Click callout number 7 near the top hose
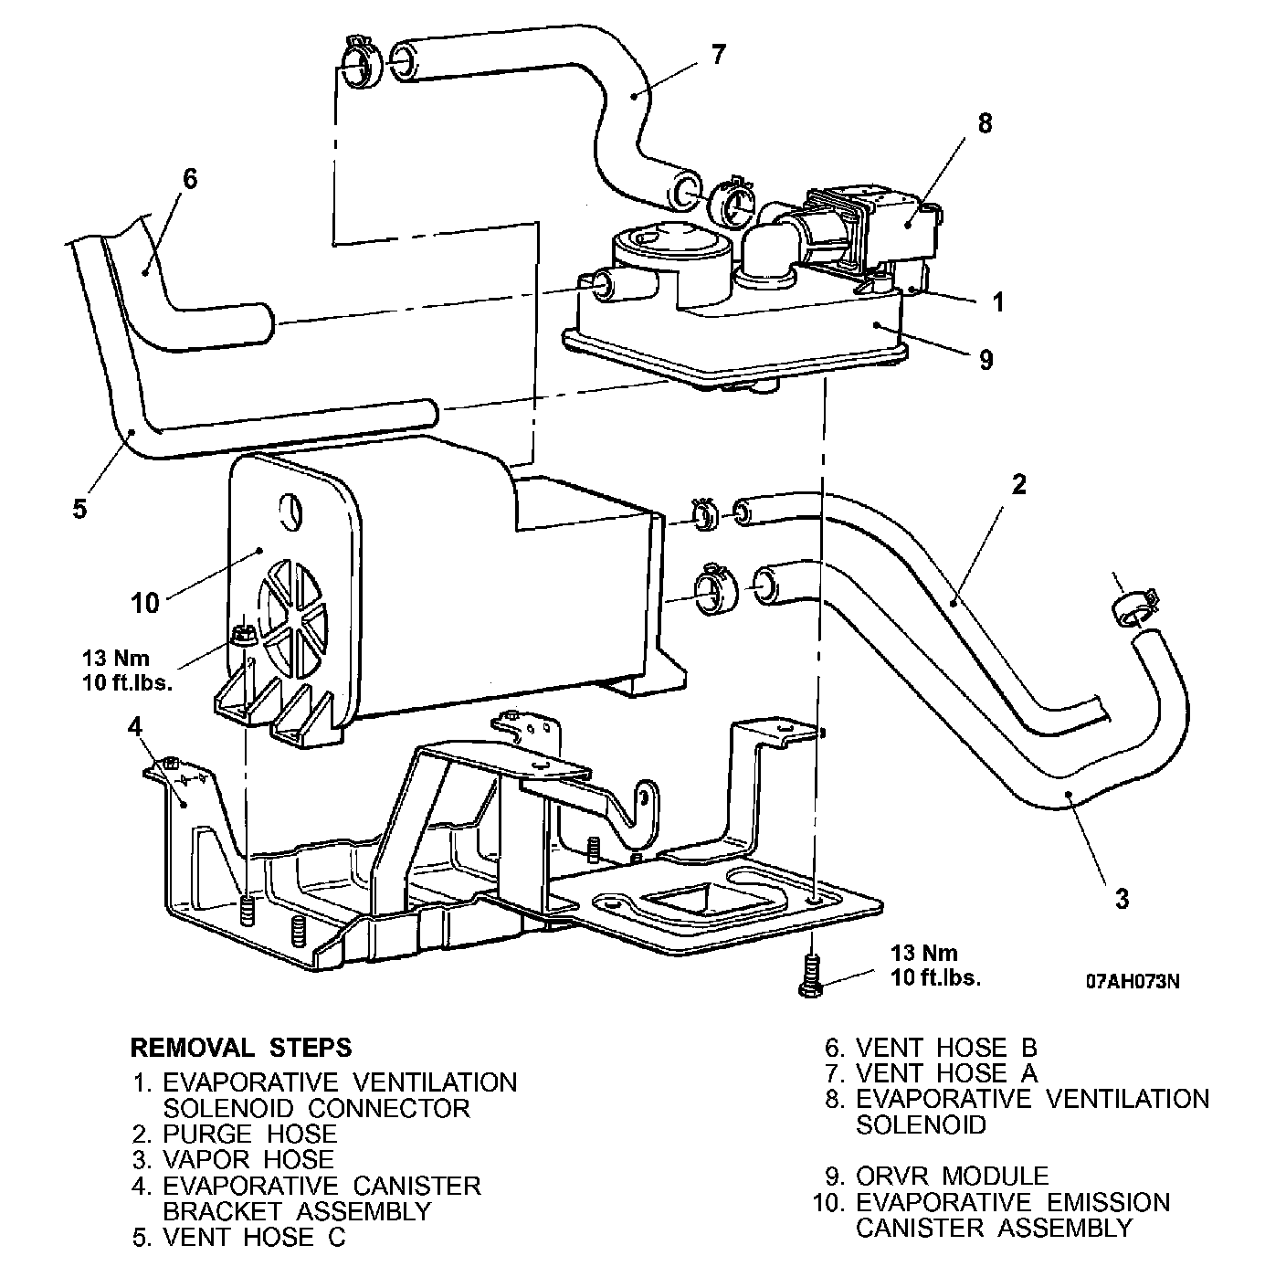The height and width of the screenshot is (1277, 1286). pos(718,55)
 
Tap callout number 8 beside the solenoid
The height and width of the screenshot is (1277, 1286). pos(984,123)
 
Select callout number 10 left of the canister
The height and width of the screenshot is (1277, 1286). pos(145,603)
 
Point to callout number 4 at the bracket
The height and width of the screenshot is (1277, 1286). pos(135,728)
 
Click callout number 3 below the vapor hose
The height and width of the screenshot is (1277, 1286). pos(1122,898)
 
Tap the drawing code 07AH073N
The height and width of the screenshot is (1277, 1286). pos(1133,981)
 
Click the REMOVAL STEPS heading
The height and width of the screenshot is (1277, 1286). pos(241,1047)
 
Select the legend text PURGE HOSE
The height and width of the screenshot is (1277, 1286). pos(249,1135)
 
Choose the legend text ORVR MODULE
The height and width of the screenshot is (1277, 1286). pos(952,1176)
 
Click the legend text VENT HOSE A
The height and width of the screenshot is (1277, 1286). pos(946,1073)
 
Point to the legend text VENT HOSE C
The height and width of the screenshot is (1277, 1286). pos(254,1238)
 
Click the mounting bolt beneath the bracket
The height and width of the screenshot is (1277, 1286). pos(809,976)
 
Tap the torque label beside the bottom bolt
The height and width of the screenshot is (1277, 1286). pos(934,965)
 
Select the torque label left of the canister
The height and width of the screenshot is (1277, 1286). pos(126,670)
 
